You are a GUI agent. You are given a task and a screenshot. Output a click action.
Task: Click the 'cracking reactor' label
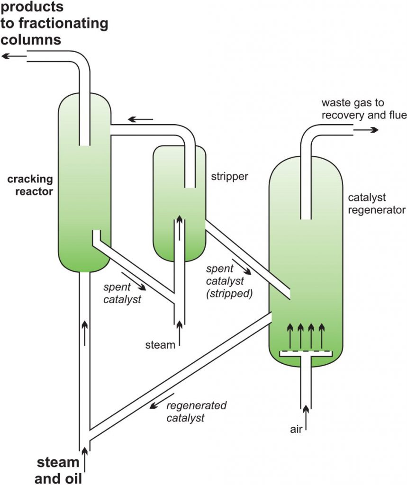point(30,185)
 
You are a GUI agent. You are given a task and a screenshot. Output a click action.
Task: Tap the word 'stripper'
point(230,177)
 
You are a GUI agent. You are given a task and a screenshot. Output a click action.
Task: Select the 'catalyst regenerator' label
point(377,204)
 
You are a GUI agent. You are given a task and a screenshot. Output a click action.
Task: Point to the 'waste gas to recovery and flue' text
point(364,109)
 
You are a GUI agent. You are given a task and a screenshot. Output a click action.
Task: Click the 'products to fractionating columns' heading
point(54,23)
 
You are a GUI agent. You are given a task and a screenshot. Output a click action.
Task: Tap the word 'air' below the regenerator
point(296,429)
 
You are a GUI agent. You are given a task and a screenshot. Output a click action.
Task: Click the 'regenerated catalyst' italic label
point(197,412)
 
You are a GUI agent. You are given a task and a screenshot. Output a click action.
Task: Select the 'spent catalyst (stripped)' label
point(229,281)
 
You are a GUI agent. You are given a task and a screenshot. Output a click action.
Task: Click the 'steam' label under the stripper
point(160,345)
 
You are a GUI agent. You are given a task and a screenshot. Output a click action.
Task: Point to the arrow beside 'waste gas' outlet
point(366,130)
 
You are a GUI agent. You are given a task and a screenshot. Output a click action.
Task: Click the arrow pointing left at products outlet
point(14,56)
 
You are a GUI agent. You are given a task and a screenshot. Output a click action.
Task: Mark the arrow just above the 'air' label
point(306,418)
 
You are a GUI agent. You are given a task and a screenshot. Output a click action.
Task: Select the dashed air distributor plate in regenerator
point(306,352)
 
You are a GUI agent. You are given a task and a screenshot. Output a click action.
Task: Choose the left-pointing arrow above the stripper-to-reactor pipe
point(141,119)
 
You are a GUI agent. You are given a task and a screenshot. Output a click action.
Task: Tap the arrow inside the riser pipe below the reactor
point(84,333)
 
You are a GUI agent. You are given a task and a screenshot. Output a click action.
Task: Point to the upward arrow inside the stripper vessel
point(179,228)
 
